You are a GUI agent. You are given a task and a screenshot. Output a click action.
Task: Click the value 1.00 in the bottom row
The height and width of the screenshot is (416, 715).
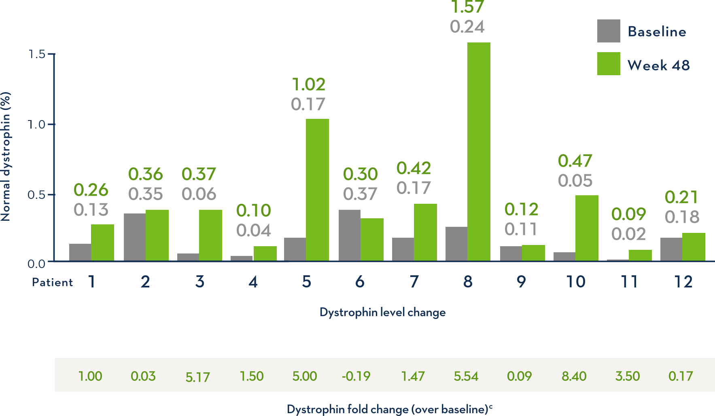(x=90, y=376)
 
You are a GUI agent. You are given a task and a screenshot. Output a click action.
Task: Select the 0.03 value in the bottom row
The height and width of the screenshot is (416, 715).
(x=143, y=376)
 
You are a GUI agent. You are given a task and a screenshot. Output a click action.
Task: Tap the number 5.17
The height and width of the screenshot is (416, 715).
(x=197, y=377)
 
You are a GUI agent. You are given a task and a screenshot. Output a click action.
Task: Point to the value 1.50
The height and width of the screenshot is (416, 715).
(x=251, y=376)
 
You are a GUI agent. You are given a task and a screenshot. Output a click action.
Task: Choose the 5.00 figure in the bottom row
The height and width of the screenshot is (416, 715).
(x=304, y=376)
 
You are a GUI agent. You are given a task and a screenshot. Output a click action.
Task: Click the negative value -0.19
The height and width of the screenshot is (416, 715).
(x=356, y=376)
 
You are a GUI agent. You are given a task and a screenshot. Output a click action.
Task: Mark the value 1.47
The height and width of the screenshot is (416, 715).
(x=413, y=376)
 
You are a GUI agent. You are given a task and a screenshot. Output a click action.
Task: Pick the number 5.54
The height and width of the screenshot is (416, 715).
(x=466, y=376)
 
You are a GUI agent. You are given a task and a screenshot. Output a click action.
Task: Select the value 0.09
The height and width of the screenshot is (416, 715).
(x=519, y=376)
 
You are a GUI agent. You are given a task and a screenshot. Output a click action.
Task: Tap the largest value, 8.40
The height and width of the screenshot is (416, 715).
(x=574, y=376)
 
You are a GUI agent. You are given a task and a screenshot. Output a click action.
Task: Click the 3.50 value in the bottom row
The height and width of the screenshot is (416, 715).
(x=627, y=376)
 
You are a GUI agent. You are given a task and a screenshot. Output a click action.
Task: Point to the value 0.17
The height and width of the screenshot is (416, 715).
(x=681, y=376)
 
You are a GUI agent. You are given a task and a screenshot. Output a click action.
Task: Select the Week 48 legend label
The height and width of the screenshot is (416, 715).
(x=658, y=65)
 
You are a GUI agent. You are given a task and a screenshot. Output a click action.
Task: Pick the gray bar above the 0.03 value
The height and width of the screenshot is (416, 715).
(x=134, y=237)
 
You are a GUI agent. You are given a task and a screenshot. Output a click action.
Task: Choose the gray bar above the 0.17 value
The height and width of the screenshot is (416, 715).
(x=671, y=249)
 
